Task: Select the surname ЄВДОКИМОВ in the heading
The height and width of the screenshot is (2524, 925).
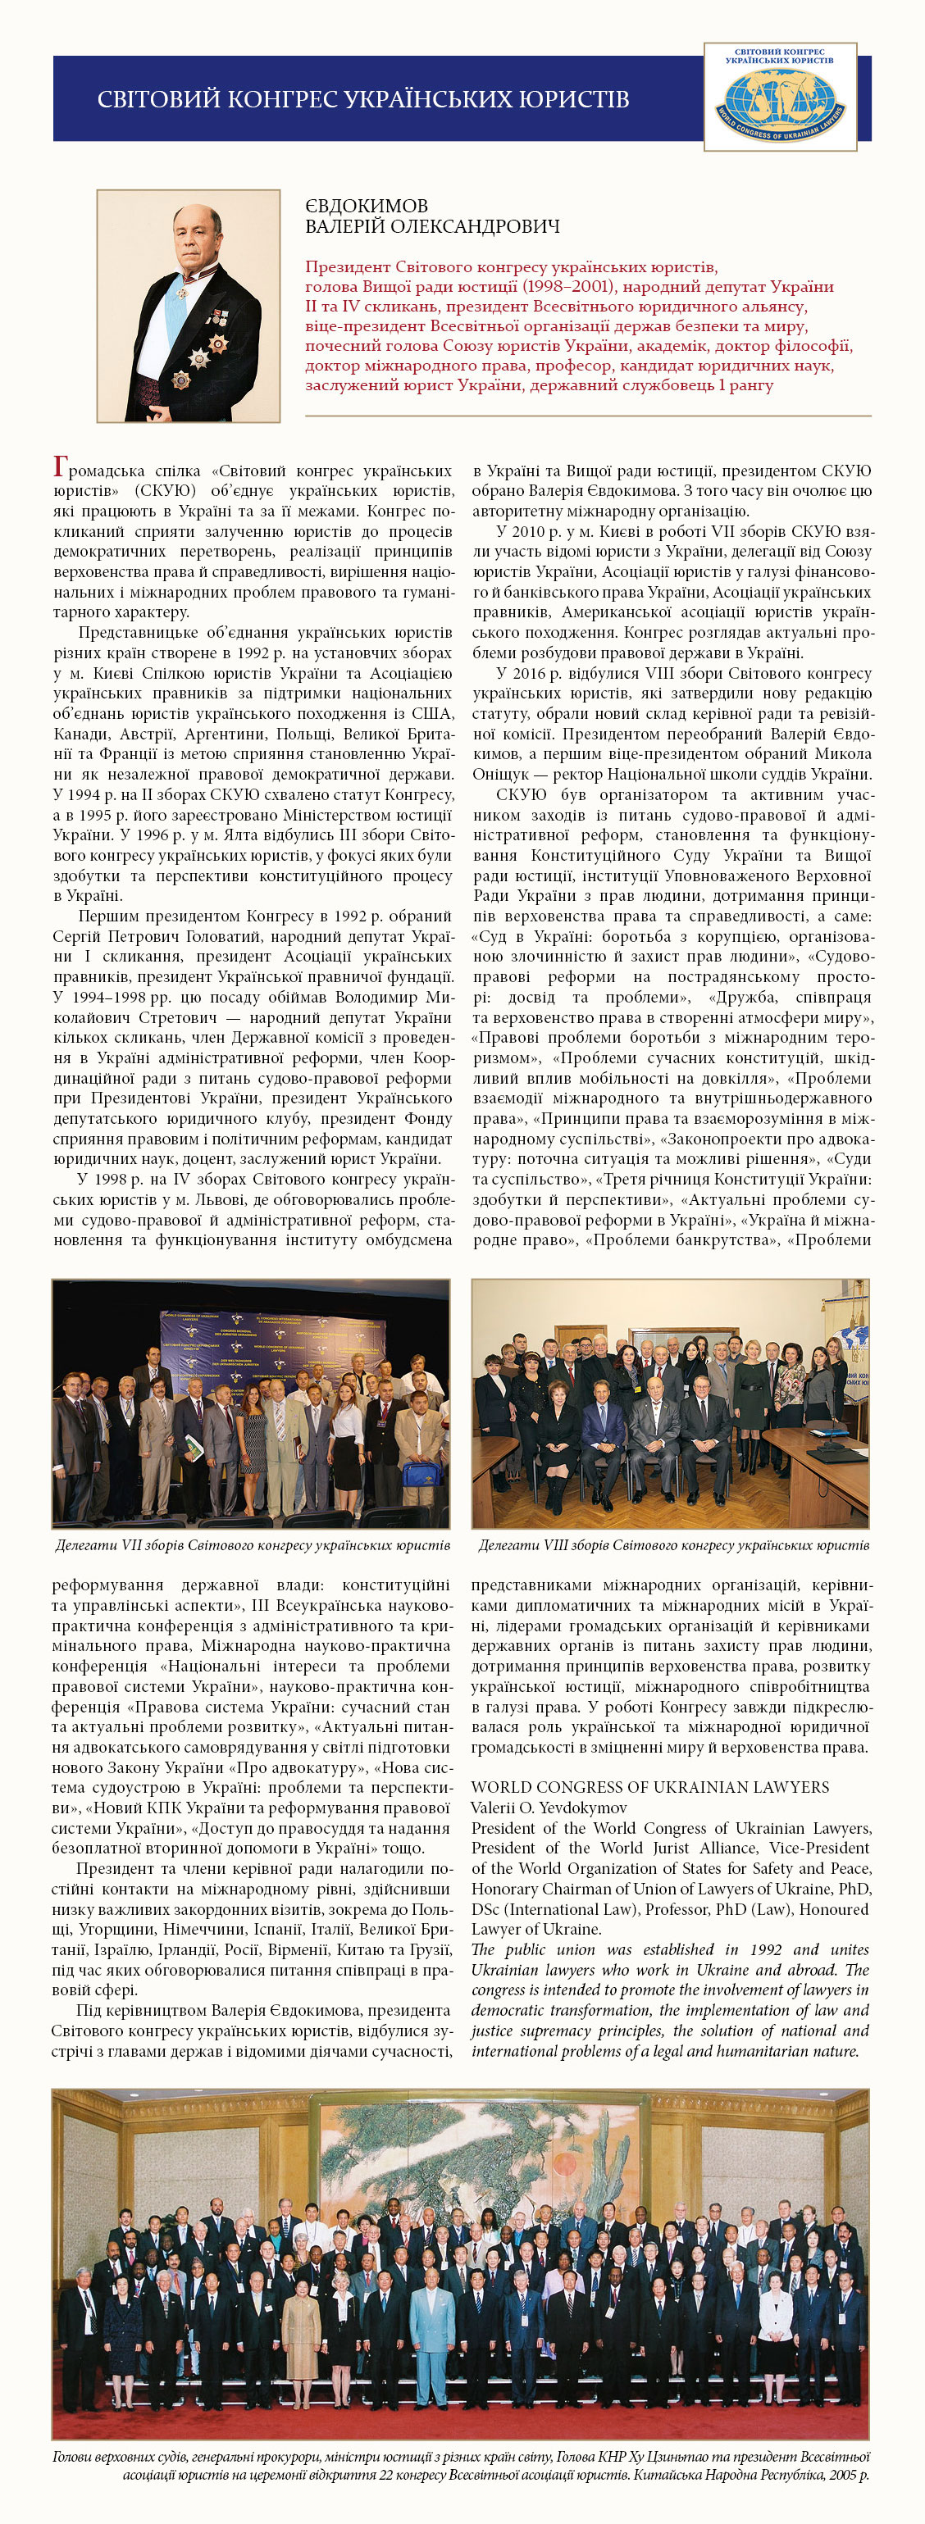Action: pos(367,206)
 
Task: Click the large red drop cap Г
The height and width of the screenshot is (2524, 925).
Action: pos(60,467)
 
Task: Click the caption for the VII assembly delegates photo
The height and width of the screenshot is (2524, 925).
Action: pos(252,1545)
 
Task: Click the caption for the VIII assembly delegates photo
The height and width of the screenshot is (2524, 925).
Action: pos(672,1545)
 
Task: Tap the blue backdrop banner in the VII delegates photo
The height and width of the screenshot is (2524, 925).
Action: pos(265,1344)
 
